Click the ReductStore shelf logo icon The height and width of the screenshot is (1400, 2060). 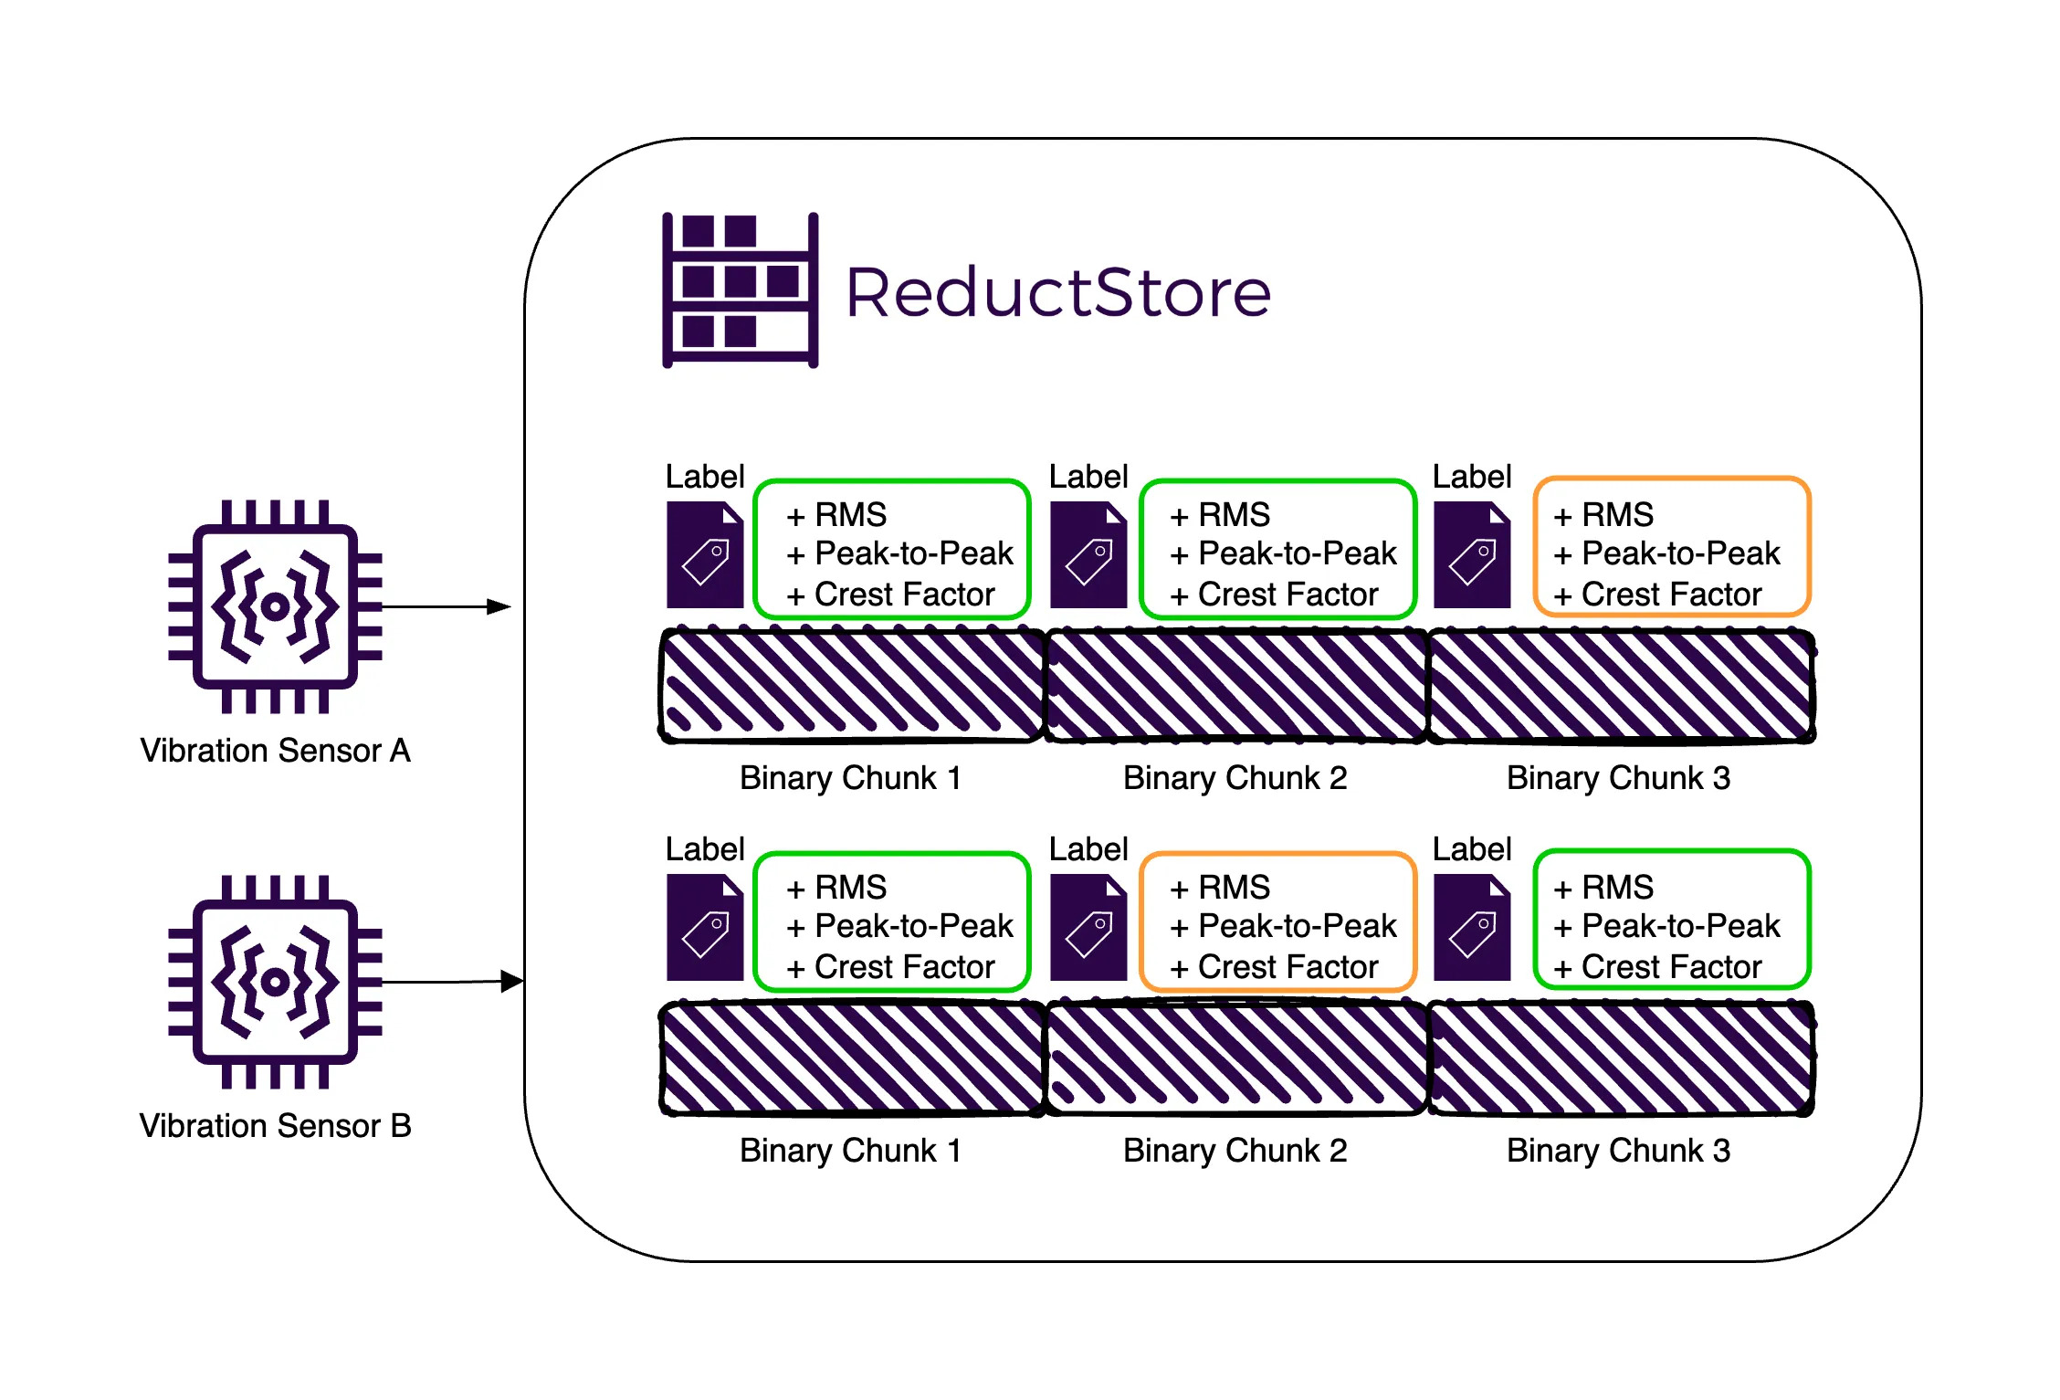(x=740, y=290)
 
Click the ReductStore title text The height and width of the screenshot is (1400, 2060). (x=1057, y=293)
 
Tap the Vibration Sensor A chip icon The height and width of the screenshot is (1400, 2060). (x=275, y=605)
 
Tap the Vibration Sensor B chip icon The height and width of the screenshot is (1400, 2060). (x=275, y=982)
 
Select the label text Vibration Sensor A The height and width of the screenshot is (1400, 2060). (x=275, y=751)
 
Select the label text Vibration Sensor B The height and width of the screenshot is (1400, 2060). (x=275, y=1126)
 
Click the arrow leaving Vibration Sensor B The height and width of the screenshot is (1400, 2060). (x=452, y=982)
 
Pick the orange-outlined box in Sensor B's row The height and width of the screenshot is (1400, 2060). (x=1278, y=921)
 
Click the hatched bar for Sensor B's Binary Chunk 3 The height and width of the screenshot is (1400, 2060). (x=1621, y=1059)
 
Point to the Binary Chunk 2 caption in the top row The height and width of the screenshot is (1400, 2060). (x=1235, y=778)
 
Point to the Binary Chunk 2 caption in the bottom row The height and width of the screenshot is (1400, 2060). (x=1235, y=1151)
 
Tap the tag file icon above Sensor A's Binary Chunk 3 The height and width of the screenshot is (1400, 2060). (x=1471, y=555)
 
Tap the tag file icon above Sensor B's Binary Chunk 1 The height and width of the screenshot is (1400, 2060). (x=704, y=928)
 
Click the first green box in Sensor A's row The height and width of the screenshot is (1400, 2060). (x=892, y=548)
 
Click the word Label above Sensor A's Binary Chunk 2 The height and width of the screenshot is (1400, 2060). (x=1088, y=477)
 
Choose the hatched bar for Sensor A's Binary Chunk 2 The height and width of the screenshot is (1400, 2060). (x=1236, y=685)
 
